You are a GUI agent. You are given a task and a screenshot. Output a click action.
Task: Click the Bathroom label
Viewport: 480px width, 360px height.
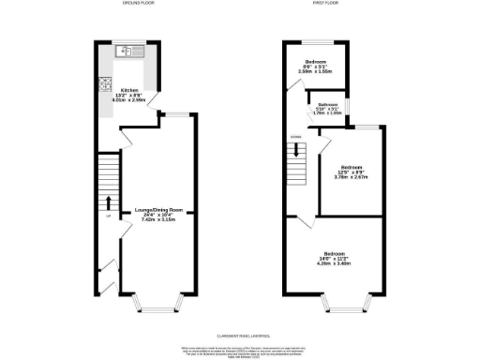pyautogui.click(x=327, y=104)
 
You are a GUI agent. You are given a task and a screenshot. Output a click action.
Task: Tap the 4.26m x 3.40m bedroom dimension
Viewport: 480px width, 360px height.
pyautogui.click(x=335, y=263)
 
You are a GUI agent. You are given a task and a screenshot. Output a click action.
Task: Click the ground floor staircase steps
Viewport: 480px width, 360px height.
pyautogui.click(x=109, y=173)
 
